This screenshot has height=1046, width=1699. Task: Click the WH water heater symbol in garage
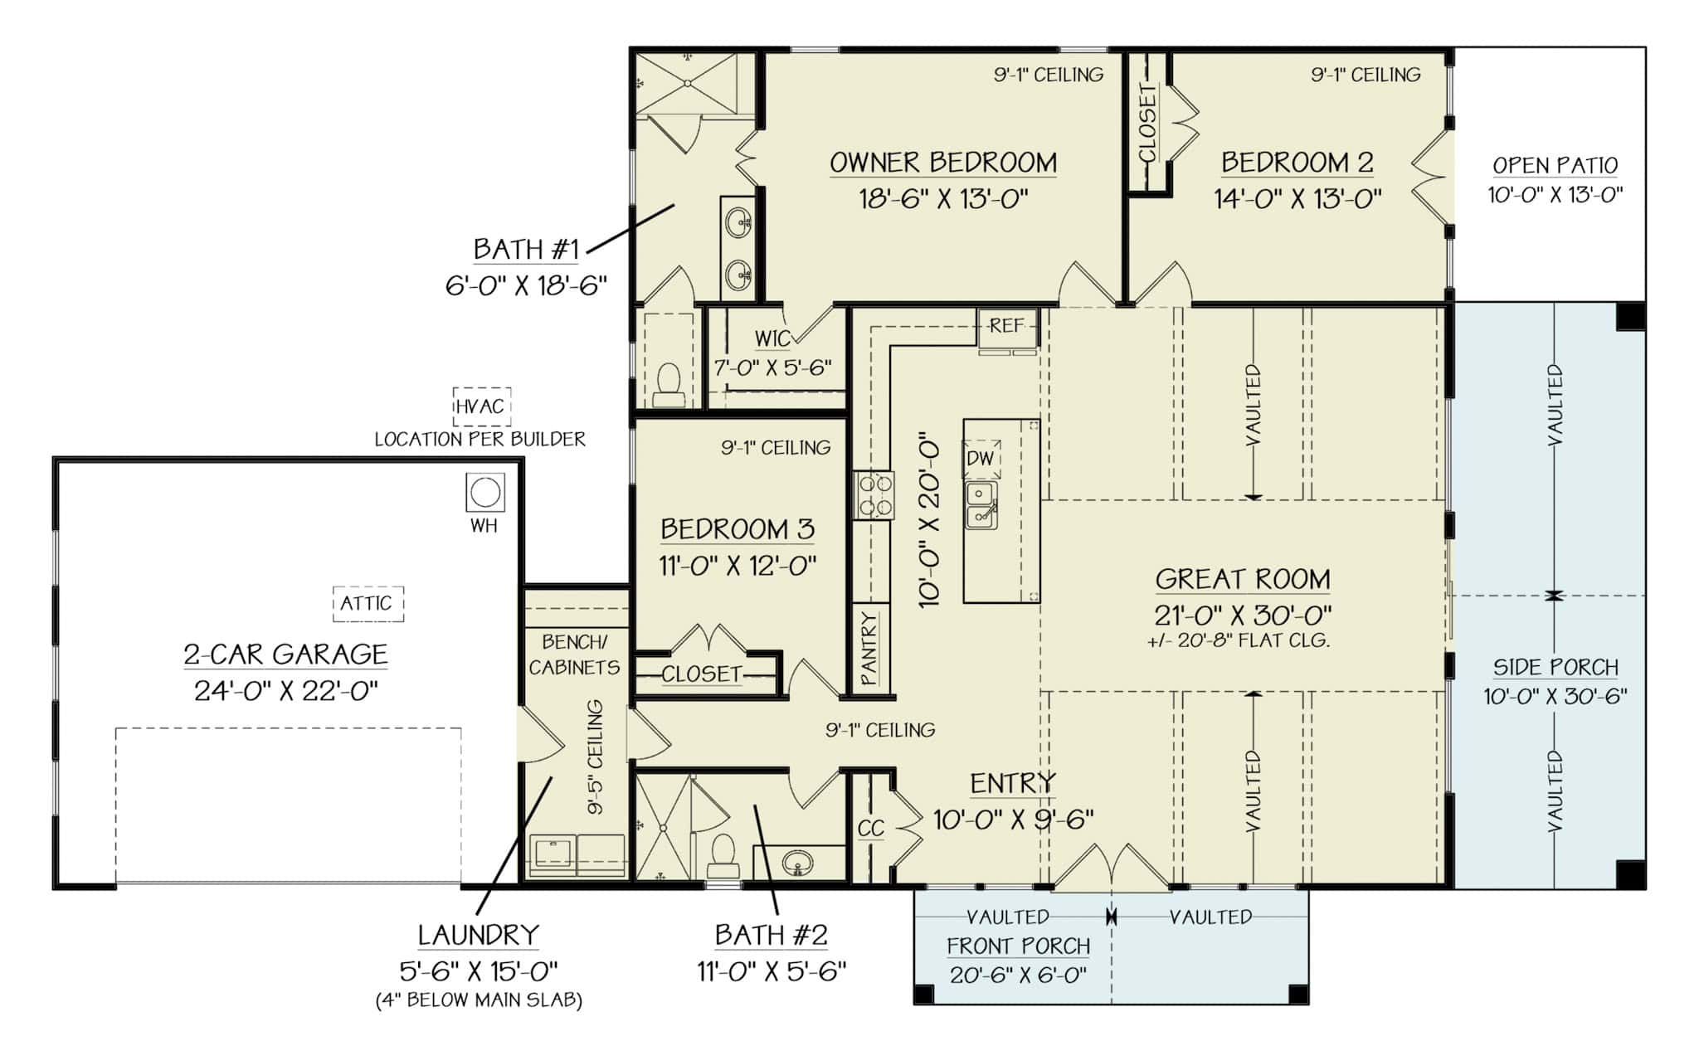484,493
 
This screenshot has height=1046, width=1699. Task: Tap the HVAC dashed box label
480,406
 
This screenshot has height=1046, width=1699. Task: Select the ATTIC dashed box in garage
368,603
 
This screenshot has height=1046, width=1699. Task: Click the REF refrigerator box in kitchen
1006,326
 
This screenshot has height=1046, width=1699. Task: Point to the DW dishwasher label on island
980,459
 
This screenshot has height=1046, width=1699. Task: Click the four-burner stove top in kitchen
874,494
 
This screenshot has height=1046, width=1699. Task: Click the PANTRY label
869,649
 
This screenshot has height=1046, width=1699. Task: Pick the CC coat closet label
870,828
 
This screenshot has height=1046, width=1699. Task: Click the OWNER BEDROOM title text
943,163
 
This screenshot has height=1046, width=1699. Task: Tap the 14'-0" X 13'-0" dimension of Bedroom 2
1297,199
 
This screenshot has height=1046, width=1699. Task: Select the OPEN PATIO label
1555,165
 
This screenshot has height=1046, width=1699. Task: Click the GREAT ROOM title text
1242,579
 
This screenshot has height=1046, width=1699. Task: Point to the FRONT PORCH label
1018,946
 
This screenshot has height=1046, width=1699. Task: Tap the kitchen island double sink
982,505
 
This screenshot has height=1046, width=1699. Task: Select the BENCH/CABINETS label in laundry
574,654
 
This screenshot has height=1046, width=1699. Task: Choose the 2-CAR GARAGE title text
285,654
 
